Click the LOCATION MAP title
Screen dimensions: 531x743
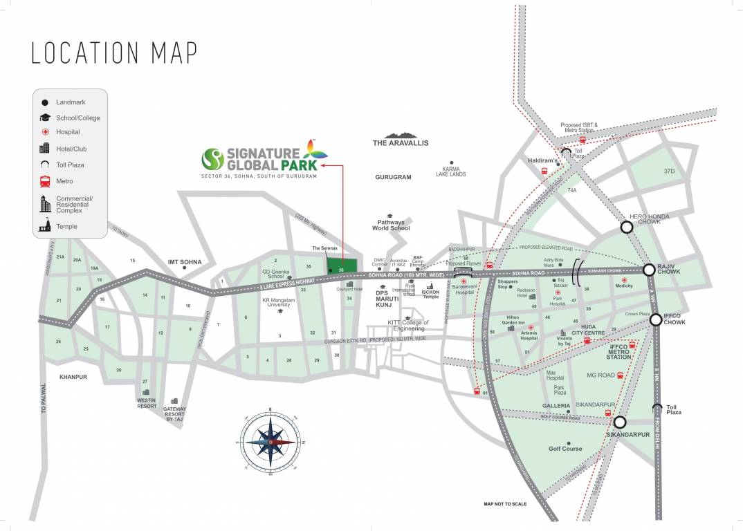pyautogui.click(x=114, y=53)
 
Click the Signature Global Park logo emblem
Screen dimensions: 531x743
pyautogui.click(x=212, y=158)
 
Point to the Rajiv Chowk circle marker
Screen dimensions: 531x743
pyautogui.click(x=649, y=270)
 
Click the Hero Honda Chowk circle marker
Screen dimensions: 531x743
pyautogui.click(x=627, y=227)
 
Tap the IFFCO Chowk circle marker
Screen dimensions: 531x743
pyautogui.click(x=655, y=319)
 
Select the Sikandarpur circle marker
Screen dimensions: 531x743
pyautogui.click(x=619, y=422)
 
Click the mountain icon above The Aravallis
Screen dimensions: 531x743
pyautogui.click(x=401, y=136)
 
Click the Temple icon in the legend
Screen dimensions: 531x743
pyautogui.click(x=45, y=225)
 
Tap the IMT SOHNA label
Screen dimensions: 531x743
pyautogui.click(x=185, y=262)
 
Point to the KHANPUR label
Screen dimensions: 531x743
pyautogui.click(x=73, y=377)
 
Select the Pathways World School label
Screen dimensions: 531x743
pyautogui.click(x=391, y=225)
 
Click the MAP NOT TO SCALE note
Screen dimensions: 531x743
pyautogui.click(x=505, y=504)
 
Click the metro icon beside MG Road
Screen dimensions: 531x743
pyautogui.click(x=620, y=375)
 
